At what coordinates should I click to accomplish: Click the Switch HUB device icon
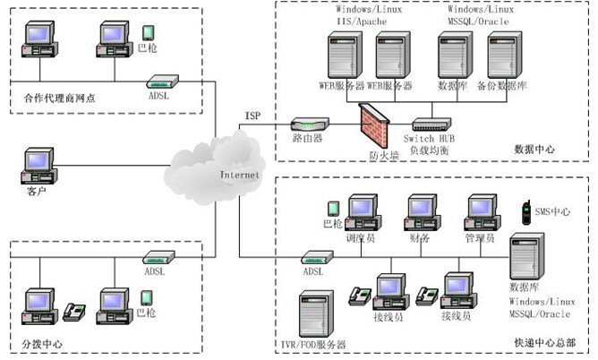[432, 125]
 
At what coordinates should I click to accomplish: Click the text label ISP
[253, 116]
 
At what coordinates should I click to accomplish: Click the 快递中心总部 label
[542, 343]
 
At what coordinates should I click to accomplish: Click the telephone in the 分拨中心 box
[74, 312]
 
